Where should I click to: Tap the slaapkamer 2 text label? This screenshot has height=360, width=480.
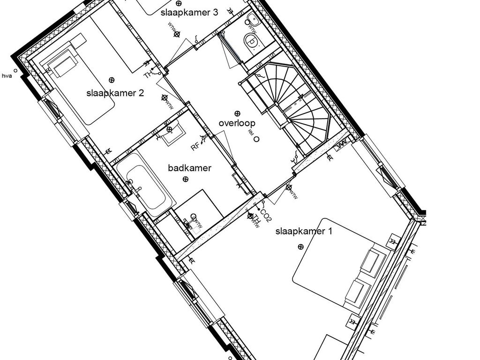pos(115,93)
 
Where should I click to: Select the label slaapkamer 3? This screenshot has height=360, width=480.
pos(189,13)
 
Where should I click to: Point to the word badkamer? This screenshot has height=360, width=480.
pos(190,168)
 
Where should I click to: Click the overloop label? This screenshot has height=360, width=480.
pos(237,123)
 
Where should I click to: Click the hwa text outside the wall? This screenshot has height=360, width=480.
pos(7,75)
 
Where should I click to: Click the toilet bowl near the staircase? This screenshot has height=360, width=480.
pos(252,41)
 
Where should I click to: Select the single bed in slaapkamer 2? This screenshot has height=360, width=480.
pos(80,87)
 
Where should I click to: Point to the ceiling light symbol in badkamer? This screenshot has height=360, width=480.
pos(186,179)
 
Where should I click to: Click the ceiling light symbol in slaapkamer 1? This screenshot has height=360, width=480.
pos(300,247)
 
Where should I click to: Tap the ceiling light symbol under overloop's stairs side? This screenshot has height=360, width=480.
pos(237,113)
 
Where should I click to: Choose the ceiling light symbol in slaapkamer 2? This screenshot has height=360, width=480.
pos(112,80)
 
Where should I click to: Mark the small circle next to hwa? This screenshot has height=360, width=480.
pos(15,71)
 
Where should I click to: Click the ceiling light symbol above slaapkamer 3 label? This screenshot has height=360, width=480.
pos(179,3)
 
